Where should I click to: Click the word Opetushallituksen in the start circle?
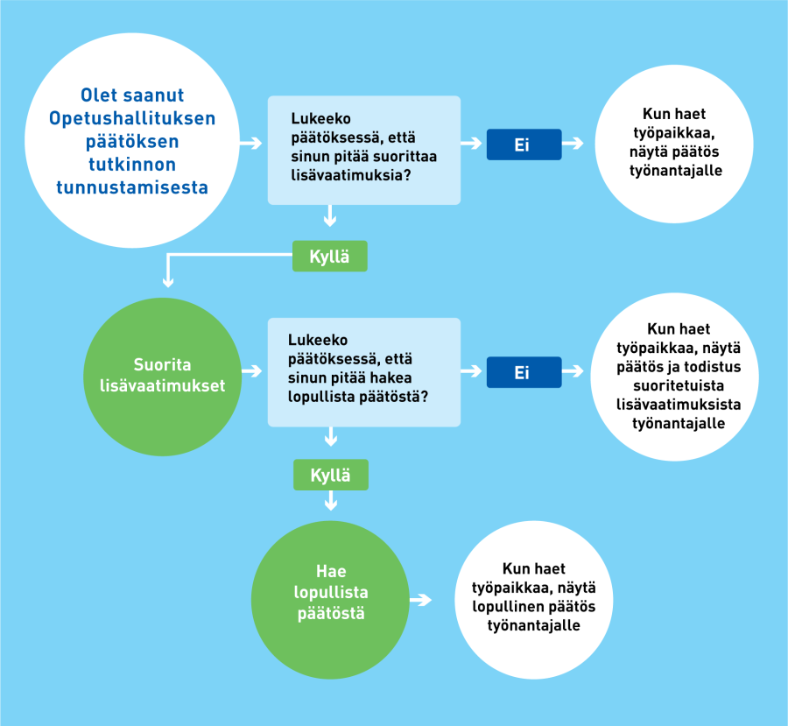132,118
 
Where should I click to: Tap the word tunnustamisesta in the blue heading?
132,187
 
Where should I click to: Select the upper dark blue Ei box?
524,144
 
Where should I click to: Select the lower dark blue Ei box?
524,372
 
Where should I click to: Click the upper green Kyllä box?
330,257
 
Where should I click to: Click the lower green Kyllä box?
331,476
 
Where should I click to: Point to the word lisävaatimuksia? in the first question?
351,175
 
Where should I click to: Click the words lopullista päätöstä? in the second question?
358,397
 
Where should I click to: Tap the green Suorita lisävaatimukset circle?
162,377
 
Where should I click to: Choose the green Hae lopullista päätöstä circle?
330,600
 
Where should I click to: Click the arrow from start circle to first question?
250,144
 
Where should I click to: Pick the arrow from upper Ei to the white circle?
573,144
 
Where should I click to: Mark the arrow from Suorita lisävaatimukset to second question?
252,371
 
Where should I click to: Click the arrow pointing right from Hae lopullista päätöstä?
420,600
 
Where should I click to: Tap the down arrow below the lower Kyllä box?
331,501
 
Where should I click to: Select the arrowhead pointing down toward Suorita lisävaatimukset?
168,282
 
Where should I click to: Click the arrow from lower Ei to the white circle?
573,371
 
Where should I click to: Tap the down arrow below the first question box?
330,215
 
